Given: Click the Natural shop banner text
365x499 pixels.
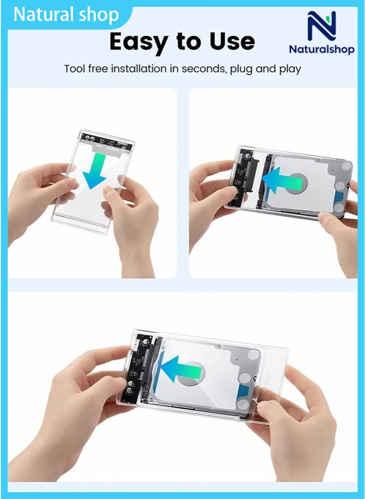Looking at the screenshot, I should coord(66,15).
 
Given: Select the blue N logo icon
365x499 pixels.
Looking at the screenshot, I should coord(321,26).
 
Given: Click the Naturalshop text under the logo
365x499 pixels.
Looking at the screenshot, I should coord(321,49).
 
